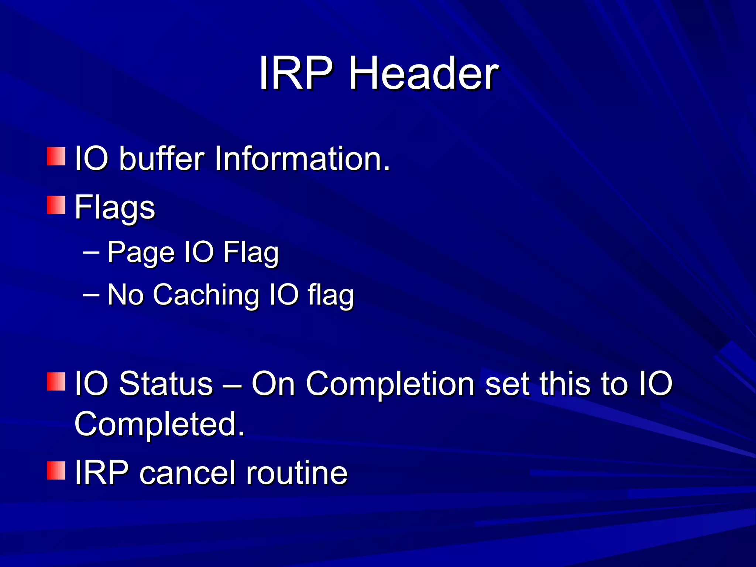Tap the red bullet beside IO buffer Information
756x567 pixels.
(56, 157)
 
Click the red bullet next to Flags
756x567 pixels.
(56, 205)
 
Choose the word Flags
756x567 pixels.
(115, 208)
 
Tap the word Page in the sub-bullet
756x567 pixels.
(141, 253)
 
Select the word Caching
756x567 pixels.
(206, 295)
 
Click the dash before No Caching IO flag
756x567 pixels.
(91, 295)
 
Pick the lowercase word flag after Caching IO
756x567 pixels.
(331, 296)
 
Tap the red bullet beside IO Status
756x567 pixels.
(56, 381)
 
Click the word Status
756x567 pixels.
(166, 384)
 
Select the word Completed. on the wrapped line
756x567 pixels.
(159, 425)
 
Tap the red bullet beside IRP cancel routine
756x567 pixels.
(56, 470)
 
